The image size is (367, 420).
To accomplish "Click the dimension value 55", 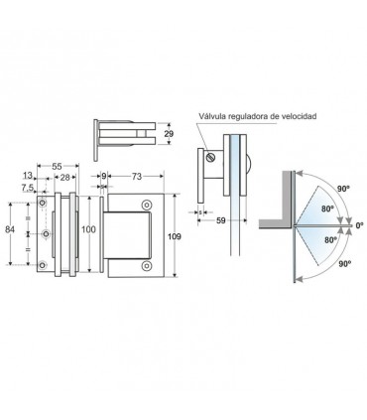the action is tap(58, 166).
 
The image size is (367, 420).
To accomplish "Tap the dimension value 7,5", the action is tap(28, 188).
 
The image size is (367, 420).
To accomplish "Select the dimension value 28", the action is tap(65, 178).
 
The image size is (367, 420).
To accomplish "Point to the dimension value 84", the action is tap(10, 229).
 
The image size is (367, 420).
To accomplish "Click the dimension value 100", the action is tap(88, 229).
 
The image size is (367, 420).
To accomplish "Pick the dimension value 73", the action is tap(136, 177).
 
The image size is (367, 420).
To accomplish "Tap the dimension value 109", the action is tap(175, 236).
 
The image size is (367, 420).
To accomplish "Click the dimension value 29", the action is tap(169, 134).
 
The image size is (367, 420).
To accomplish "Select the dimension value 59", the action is tap(221, 220).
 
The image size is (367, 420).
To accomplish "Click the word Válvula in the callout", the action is tap(210, 116).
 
